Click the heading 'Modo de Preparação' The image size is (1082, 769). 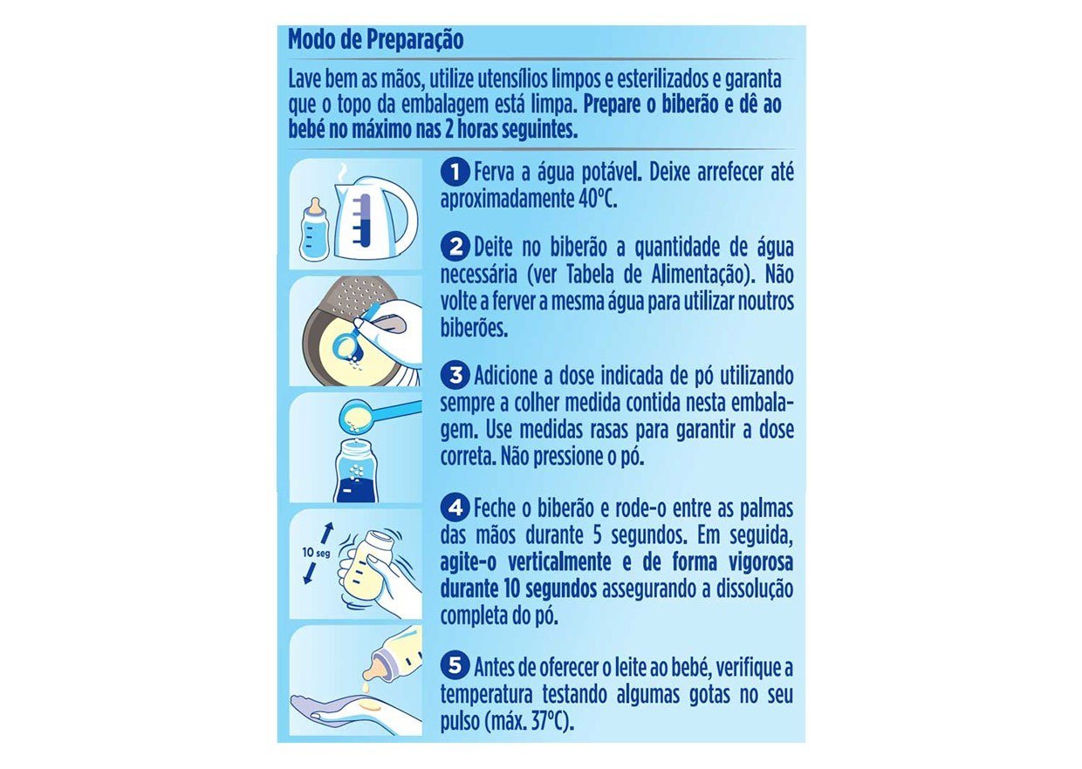tap(375, 40)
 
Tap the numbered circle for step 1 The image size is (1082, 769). tap(454, 171)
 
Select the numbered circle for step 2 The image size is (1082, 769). tap(454, 247)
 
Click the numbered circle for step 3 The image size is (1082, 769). tap(454, 377)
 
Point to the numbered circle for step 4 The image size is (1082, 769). tap(454, 507)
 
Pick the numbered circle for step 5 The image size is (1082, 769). tap(454, 667)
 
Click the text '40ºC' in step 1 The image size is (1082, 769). tap(597, 198)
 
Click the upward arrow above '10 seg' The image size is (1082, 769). tap(327, 532)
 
